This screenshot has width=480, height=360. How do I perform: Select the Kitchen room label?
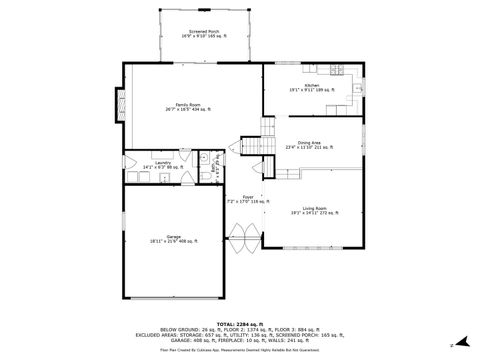pyautogui.click(x=311, y=89)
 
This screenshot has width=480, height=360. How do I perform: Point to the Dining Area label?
pyautogui.click(x=308, y=145)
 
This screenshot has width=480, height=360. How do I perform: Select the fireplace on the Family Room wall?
pyautogui.click(x=120, y=104)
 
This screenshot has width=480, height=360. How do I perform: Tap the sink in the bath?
pyautogui.click(x=202, y=158)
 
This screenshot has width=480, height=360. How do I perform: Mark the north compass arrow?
pyautogui.click(x=453, y=345)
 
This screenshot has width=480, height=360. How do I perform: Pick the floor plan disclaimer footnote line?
pyautogui.click(x=240, y=350)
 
